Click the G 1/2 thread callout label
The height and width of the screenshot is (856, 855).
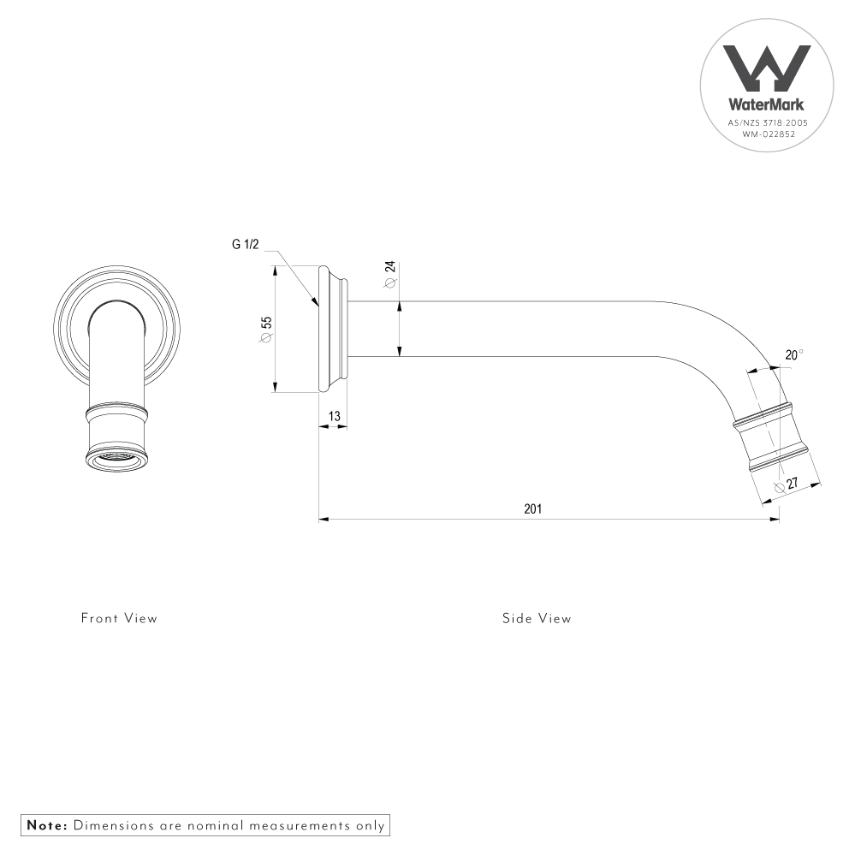coord(245,244)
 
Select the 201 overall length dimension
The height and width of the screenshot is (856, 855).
coord(532,508)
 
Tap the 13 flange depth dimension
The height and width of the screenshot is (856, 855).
coord(335,416)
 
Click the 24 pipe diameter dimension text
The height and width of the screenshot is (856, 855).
coord(390,269)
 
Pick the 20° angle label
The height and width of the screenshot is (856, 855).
coord(793,354)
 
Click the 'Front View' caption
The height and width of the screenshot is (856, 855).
coord(119,618)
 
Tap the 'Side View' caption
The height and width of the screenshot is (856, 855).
coord(537,618)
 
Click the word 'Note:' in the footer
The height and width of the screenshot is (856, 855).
coord(47,826)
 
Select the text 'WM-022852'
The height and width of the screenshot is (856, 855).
coord(767,134)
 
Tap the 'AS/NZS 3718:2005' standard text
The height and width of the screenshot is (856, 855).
coord(767,123)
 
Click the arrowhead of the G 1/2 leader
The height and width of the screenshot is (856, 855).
coord(316,303)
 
